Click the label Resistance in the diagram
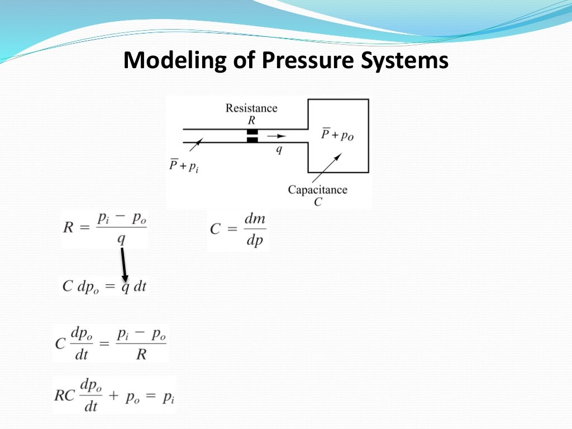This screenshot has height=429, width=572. click(251, 108)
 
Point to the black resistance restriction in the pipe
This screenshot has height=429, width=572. click(252, 136)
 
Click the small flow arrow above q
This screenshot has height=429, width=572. click(275, 135)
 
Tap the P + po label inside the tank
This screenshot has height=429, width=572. click(338, 135)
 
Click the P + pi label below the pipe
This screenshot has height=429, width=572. click(184, 166)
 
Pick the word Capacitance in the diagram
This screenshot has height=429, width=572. click(317, 190)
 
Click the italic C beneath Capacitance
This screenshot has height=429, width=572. click(317, 202)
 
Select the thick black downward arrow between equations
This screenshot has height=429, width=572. click(124, 265)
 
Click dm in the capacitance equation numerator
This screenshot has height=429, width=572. click(254, 218)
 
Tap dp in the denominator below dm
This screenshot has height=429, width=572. click(254, 241)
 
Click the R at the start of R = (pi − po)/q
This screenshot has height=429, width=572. click(69, 227)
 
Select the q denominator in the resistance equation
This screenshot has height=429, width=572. click(121, 239)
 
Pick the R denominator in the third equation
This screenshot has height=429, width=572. click(141, 354)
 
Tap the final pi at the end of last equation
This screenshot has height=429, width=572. click(168, 398)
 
